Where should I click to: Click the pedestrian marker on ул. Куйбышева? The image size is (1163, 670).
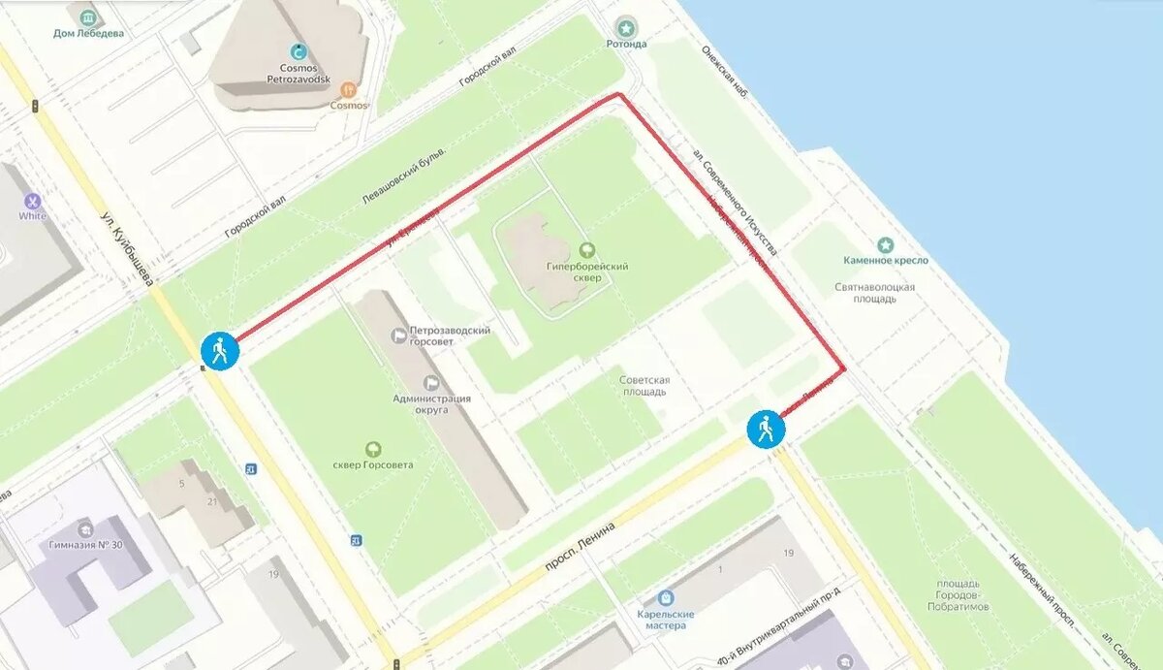(x=220, y=351)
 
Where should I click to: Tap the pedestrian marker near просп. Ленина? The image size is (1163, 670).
(x=766, y=429)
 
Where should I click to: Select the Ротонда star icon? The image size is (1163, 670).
(x=627, y=27)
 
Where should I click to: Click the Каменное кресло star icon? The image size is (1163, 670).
(x=884, y=245)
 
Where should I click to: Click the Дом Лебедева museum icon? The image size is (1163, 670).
(x=88, y=18)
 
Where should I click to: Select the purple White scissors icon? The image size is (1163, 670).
(x=32, y=201)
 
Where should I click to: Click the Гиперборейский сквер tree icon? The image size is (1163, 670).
(x=585, y=250)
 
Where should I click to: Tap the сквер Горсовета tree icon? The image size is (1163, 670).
(x=372, y=449)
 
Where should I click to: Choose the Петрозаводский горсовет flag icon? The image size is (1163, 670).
(x=397, y=335)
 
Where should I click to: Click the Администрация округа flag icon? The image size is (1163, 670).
(x=431, y=383)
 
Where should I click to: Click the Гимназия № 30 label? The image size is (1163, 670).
(x=86, y=545)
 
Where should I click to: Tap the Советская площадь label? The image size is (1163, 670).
(x=644, y=386)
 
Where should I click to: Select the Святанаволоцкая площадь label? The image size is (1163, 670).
(x=874, y=294)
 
